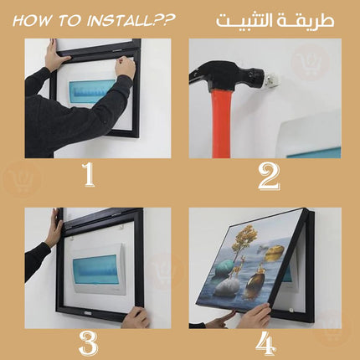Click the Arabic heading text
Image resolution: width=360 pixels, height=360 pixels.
pyautogui.click(x=275, y=21)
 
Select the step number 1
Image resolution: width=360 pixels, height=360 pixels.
pyautogui.click(x=89, y=175)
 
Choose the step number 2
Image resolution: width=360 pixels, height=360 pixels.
pyautogui.click(x=269, y=177)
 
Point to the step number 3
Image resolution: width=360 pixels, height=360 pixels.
pyautogui.click(x=88, y=343)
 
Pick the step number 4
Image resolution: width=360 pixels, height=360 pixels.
pyautogui.click(x=265, y=344)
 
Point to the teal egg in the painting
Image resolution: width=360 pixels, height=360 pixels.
pyautogui.click(x=225, y=268)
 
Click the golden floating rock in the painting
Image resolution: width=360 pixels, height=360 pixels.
pyautogui.click(x=275, y=253)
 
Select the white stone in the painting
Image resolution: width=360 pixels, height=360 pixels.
pyautogui.click(x=228, y=288)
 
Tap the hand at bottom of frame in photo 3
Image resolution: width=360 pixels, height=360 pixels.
pyautogui.click(x=136, y=317)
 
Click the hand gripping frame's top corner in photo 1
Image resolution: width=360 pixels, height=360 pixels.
pyautogui.click(x=57, y=57)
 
